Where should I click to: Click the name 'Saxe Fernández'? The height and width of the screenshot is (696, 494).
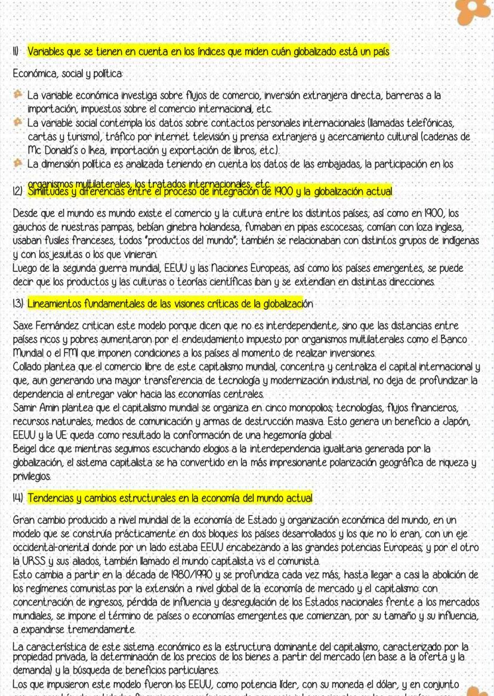48,327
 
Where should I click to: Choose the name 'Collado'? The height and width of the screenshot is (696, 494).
29,366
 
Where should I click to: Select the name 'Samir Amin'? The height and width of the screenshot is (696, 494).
38,408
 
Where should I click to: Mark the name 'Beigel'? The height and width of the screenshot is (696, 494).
26,447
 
